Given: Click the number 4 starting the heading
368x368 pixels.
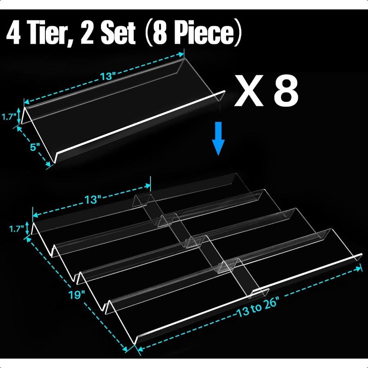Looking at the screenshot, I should (15, 33).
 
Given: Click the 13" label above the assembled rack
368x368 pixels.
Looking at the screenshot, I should (93, 200).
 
